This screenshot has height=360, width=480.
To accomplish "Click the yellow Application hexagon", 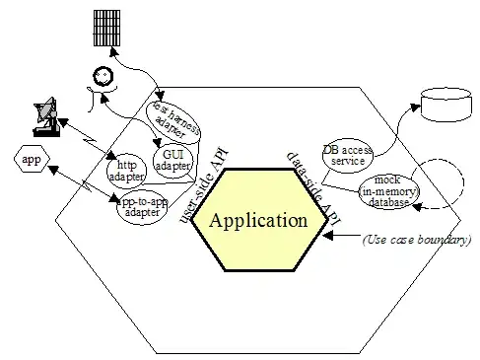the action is coord(259,220).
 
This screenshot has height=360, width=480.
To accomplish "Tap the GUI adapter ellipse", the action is coord(173,160).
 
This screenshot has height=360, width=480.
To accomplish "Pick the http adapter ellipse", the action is coord(126,171).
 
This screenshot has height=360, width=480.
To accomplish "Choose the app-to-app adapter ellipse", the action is coord(142,207).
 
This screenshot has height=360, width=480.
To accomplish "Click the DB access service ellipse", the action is coord(348,156).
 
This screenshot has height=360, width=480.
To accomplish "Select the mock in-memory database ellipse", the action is coord(388,191).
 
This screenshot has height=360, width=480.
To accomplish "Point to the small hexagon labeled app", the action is coord(32,159).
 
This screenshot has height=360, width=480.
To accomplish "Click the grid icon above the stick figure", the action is coord(106,28).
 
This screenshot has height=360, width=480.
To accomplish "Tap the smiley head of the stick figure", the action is coord(103,76).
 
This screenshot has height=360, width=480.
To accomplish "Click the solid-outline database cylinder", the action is coord(446,105).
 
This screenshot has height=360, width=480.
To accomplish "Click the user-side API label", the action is coord(204,185).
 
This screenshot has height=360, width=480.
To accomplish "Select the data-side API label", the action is coord(314,189).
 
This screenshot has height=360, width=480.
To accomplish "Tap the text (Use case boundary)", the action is coord(417,240).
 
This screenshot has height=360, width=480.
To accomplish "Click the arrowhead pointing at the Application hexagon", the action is coord(328,235).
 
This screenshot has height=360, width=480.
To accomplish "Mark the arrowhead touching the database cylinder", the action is coord(415,108).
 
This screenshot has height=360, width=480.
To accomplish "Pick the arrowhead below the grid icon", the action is coord(113,51).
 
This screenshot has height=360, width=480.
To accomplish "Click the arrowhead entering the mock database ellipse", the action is coord(417,207).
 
